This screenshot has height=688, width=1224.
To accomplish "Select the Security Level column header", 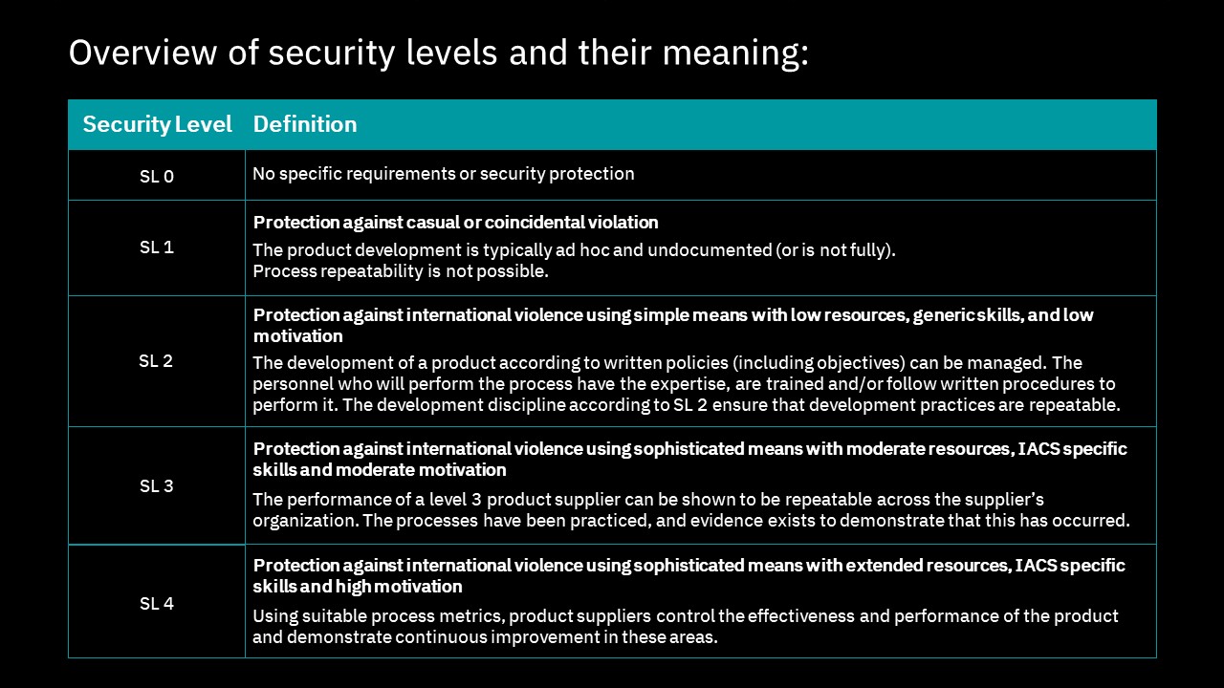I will point(157,124).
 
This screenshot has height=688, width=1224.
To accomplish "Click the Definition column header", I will point(304,124).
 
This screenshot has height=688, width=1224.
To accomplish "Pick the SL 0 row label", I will point(157,176).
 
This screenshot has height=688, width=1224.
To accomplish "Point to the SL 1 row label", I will point(157,247).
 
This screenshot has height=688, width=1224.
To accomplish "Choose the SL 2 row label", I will point(156,361).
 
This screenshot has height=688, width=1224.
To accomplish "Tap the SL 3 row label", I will point(157,486).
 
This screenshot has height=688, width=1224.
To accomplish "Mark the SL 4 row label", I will point(157,604).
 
